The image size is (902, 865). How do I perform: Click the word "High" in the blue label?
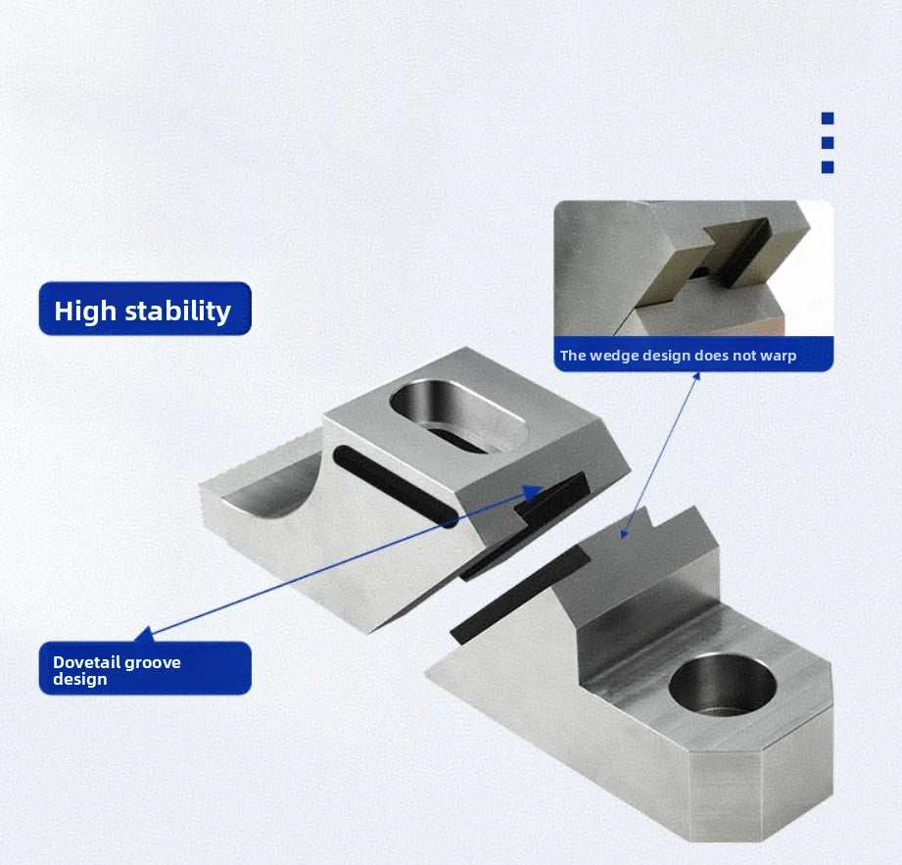pyautogui.click(x=85, y=311)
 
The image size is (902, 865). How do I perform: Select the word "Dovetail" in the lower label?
pyautogui.click(x=86, y=662)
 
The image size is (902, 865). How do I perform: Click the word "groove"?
pyautogui.click(x=153, y=663)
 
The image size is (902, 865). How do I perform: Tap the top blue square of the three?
pyautogui.click(x=828, y=118)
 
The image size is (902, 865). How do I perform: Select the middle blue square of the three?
pyautogui.click(x=828, y=143)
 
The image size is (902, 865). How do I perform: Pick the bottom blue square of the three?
pyautogui.click(x=828, y=167)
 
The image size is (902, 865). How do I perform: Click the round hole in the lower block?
pyautogui.click(x=723, y=685)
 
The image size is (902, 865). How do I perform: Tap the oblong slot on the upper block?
pyautogui.click(x=458, y=415)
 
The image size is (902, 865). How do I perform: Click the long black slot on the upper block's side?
pyautogui.click(x=396, y=486)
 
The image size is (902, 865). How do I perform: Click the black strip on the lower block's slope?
pyautogui.click(x=519, y=594)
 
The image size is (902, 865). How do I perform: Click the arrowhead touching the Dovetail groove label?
pyautogui.click(x=144, y=634)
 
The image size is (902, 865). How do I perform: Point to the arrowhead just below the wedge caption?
pyautogui.click(x=696, y=376)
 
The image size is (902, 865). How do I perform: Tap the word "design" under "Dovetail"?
pyautogui.click(x=80, y=680)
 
